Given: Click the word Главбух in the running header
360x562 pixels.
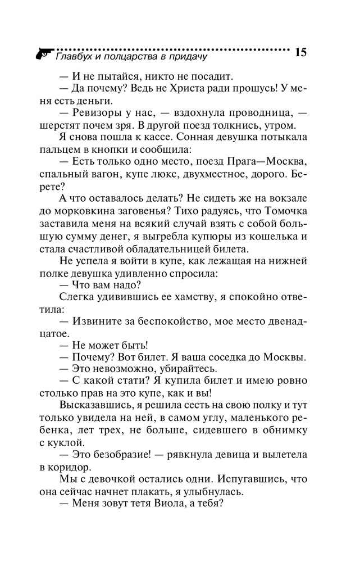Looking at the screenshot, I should coord(75,56).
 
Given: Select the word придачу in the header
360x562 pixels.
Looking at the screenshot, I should coord(186,56).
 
